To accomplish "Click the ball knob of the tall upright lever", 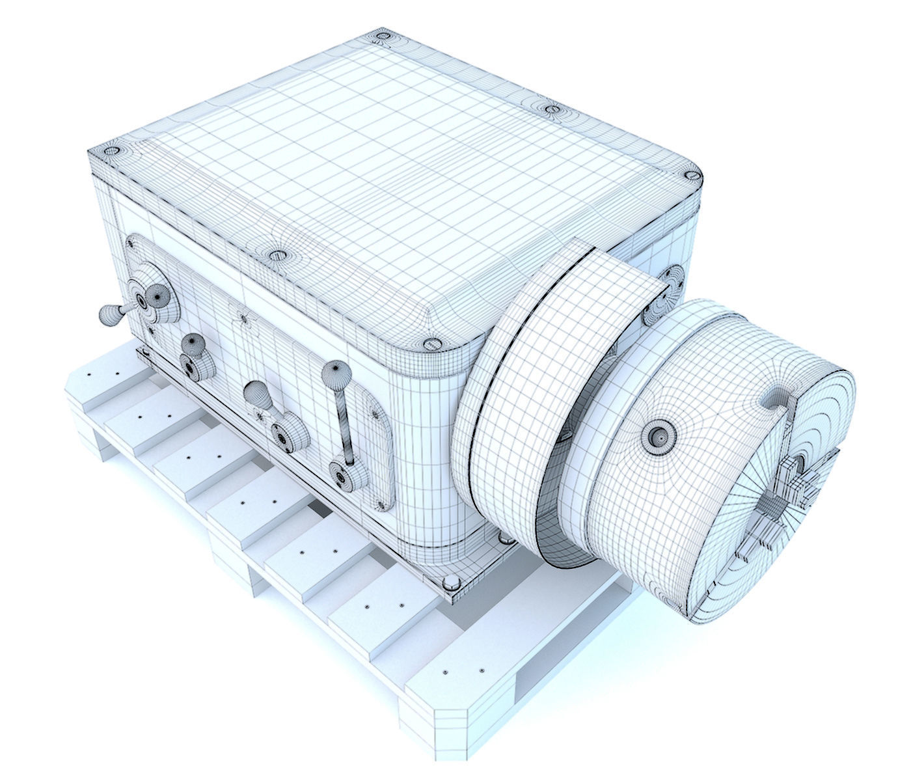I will [x=336, y=374].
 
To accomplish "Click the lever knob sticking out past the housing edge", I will [x=109, y=316].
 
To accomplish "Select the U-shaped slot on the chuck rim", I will [x=778, y=398].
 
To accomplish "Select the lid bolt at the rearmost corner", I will [x=383, y=38].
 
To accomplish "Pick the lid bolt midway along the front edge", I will [x=277, y=254].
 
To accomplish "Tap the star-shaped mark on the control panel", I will [x=245, y=318].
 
